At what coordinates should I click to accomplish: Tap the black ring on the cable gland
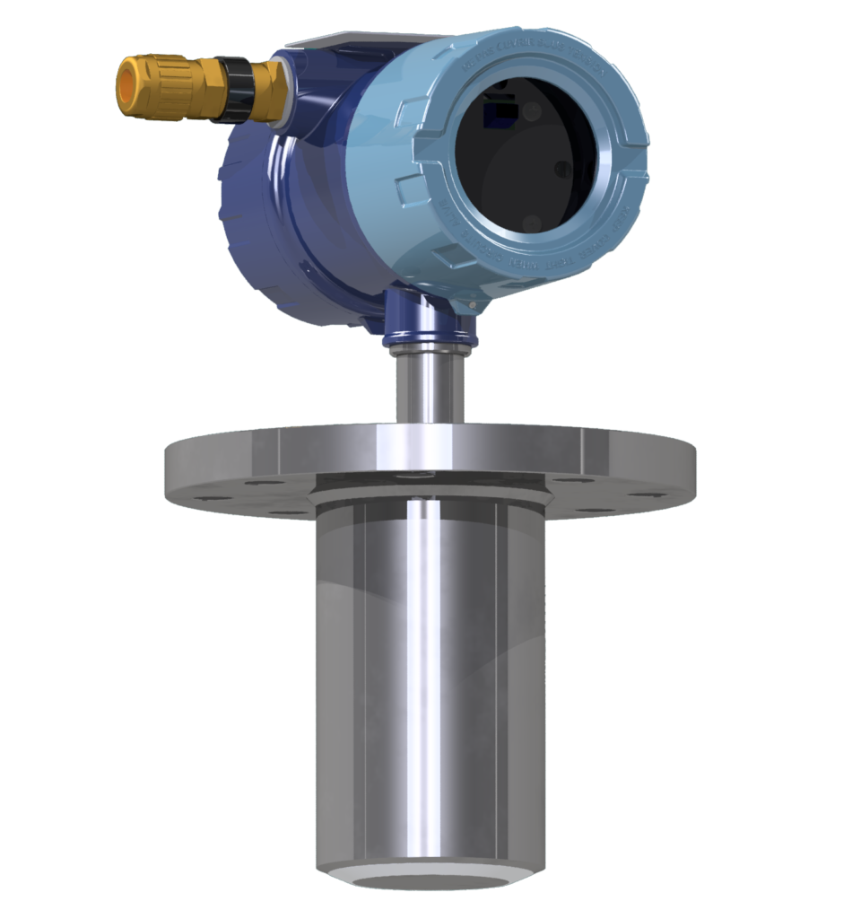pos(234,88)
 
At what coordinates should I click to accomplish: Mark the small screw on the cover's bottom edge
pos(471,308)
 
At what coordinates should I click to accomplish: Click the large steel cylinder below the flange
pos(430,682)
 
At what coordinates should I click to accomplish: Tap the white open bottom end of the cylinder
pos(430,878)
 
